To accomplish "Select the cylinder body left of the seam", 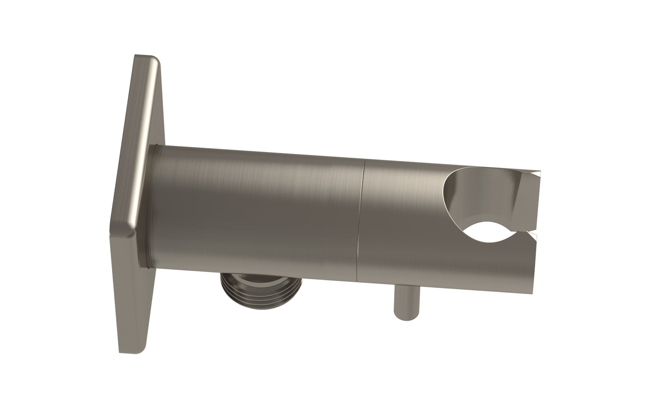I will (258, 214).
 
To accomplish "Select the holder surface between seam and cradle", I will (400, 222).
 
